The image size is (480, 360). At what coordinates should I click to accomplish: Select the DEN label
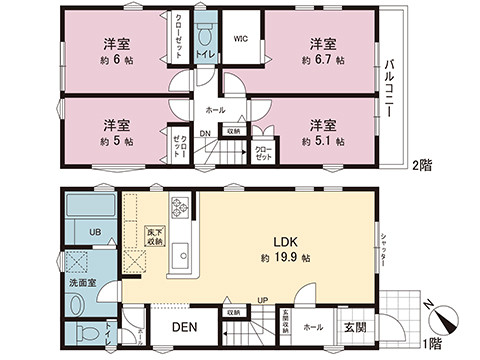182,326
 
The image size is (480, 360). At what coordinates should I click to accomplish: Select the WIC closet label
241,40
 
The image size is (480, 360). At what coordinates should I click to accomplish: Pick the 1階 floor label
433,343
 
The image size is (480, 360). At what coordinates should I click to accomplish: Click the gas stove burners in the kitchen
181,208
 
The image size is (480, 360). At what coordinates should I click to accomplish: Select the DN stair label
204,133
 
